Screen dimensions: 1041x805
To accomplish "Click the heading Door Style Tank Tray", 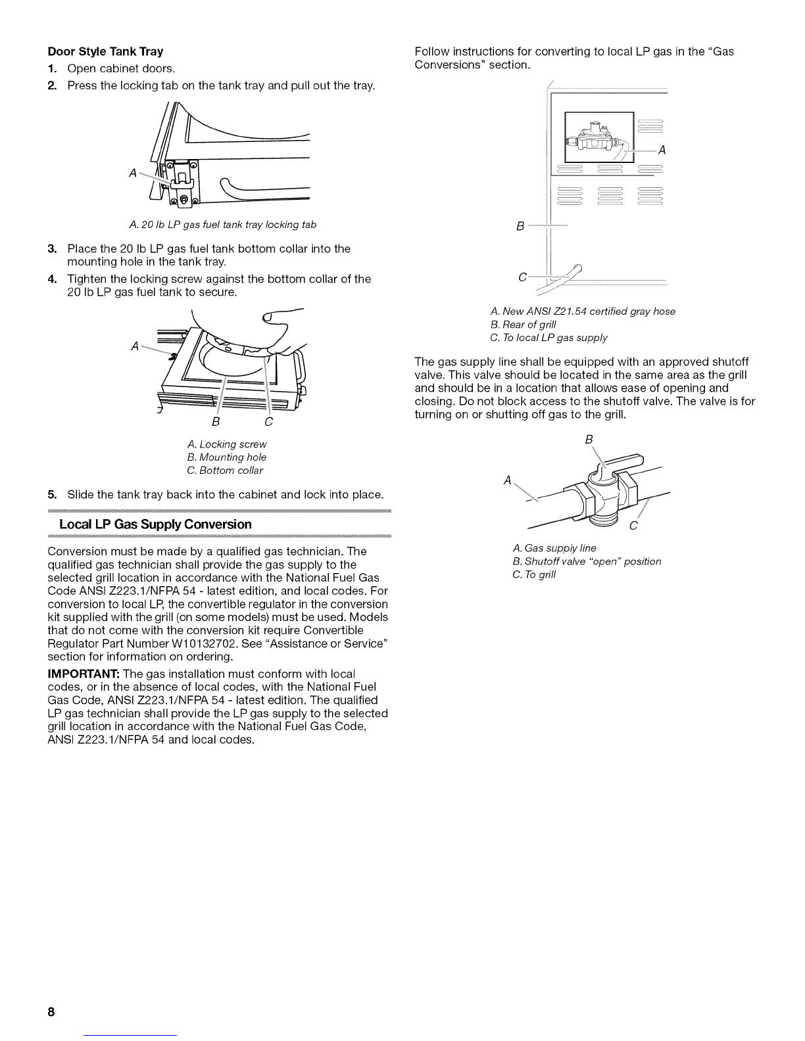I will [105, 51].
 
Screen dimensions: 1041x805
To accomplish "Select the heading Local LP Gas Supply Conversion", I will [155, 524].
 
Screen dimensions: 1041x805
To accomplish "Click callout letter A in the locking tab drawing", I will [134, 173].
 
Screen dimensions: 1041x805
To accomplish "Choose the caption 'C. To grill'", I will [534, 574].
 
